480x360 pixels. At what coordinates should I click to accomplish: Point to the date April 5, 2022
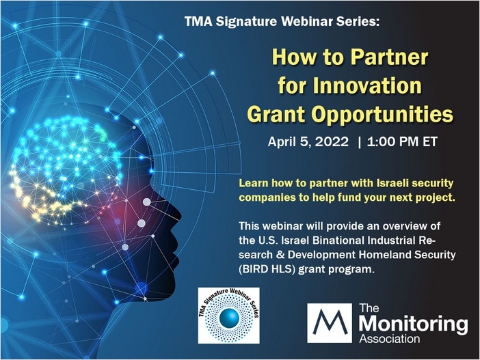pos(308,142)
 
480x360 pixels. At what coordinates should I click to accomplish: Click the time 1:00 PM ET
pos(402,142)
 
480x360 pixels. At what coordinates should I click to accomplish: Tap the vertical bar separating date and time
pos(359,142)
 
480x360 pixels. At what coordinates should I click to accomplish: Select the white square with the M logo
pos(330,323)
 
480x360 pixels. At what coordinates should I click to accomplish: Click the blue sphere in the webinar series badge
pos(229,318)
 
